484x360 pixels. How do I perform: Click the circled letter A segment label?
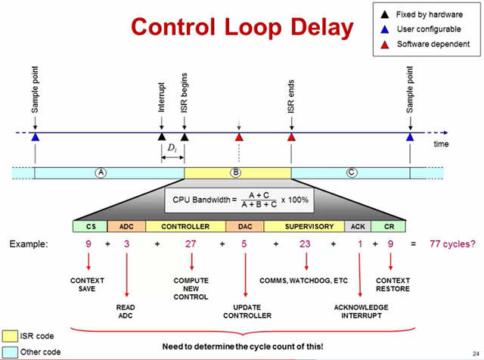click(x=100, y=172)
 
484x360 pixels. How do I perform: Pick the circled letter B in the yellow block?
click(x=236, y=172)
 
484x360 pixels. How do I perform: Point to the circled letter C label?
click(x=350, y=172)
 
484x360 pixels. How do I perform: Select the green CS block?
click(x=90, y=225)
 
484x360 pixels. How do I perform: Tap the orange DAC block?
click(x=244, y=225)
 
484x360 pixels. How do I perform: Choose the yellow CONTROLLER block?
click(x=185, y=225)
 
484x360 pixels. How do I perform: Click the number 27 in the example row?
click(x=191, y=244)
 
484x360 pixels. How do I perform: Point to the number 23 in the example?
click(x=306, y=244)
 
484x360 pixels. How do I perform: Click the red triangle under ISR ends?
click(x=291, y=137)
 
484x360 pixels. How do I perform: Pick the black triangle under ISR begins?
click(x=184, y=137)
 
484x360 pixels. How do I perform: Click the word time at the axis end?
click(x=441, y=144)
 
